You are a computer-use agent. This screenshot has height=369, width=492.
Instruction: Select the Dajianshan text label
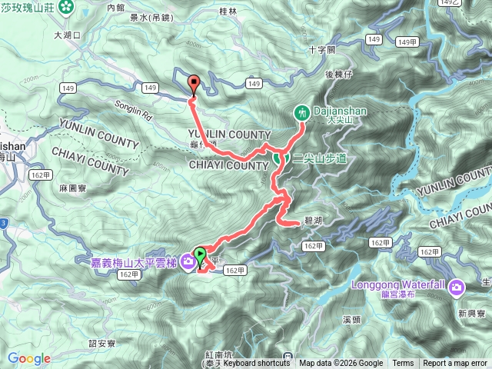(339, 111)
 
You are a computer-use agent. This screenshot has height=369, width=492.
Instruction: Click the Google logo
(29, 359)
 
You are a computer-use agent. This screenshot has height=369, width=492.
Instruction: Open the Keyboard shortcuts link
(258, 364)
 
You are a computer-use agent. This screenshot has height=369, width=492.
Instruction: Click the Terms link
(403, 364)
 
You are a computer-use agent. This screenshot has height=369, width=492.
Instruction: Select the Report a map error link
(455, 364)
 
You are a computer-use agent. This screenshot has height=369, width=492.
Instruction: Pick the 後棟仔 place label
(337, 74)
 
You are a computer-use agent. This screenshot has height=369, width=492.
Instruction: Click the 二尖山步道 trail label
(319, 158)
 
